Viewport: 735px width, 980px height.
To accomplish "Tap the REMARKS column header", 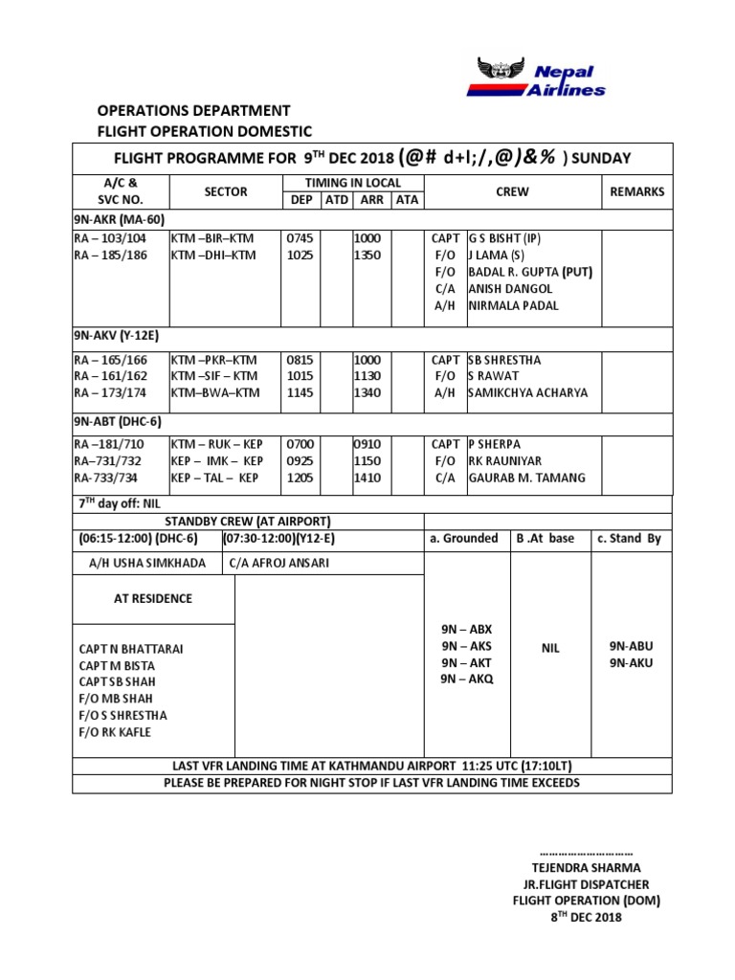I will coord(636,191).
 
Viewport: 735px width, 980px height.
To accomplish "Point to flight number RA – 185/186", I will coord(111,256).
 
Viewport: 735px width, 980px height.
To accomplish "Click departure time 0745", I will coord(300,239).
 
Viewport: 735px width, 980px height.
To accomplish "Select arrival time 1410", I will coord(367,478).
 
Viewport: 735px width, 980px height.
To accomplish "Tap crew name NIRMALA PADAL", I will coord(513,305).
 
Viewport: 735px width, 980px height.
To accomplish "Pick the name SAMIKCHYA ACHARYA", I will coord(527,392).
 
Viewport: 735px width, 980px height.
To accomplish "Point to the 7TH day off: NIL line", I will coord(120,503).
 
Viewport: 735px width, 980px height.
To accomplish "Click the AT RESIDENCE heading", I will coord(153,598).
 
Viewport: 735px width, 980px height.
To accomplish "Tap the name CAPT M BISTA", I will coord(117,665).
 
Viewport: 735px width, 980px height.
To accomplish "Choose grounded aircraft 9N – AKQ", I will coord(467,679).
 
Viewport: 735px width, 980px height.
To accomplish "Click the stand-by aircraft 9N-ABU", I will coord(631,646).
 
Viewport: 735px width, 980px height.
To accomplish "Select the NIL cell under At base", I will coord(550,648).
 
